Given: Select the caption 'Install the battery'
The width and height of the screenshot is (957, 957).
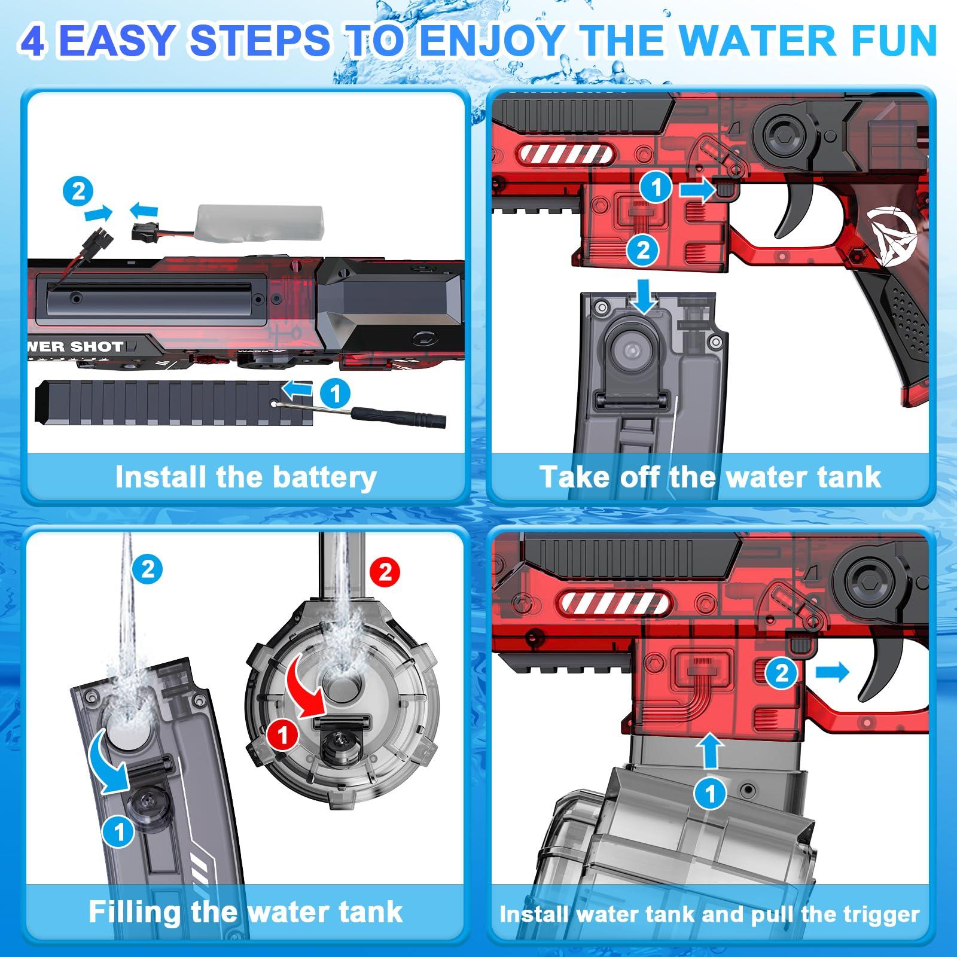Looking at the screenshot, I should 246,477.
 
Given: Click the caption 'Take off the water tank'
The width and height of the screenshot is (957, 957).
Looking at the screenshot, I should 710,477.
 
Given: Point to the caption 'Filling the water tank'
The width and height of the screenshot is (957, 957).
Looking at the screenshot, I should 246,912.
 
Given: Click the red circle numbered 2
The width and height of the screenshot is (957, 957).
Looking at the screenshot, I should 385,573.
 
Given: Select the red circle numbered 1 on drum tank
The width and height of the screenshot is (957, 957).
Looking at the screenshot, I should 282,734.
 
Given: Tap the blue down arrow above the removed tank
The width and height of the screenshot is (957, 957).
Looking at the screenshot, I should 645,297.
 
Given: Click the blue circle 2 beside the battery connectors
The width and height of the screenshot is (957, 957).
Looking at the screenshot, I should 78,192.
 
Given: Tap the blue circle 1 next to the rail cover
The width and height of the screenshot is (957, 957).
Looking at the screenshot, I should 335,394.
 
